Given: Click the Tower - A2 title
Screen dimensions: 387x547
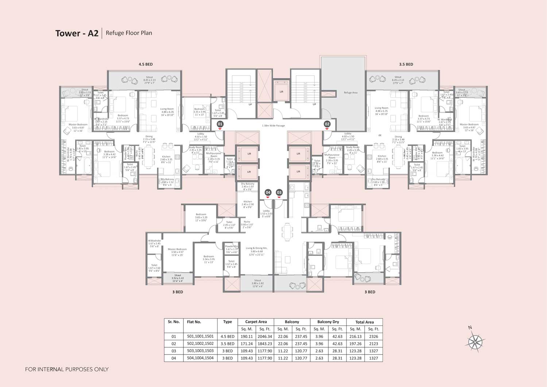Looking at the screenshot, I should (x=77, y=33).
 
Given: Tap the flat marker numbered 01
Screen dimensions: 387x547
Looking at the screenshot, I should (x=220, y=124).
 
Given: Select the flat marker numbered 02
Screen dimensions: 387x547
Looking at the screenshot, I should (x=327, y=124).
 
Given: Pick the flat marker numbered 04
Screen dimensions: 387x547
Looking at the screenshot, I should (x=268, y=192).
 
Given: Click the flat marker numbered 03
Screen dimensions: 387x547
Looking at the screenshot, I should (x=279, y=192).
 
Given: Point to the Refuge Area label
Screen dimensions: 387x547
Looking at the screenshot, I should (x=350, y=93).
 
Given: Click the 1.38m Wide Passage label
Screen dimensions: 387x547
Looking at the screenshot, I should (x=273, y=125).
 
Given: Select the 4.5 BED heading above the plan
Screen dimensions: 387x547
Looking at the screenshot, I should (x=146, y=64).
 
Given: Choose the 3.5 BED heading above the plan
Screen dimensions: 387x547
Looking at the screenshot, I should (x=406, y=64).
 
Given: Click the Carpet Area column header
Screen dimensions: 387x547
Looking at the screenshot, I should (x=256, y=322).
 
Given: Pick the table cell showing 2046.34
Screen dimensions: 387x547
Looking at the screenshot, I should (x=265, y=336).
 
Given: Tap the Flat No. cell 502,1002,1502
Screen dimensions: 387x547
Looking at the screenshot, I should (x=200, y=344).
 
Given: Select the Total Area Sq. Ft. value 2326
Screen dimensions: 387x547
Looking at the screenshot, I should (x=373, y=336).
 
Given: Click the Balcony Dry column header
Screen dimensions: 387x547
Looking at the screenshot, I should (x=328, y=322).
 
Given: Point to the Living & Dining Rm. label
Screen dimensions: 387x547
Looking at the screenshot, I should (x=256, y=249).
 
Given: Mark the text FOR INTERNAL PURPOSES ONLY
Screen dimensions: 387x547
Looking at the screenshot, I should (x=67, y=369).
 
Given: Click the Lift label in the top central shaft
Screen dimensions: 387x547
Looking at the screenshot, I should (x=281, y=92).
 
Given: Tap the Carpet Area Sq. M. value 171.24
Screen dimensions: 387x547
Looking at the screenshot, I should (x=247, y=344).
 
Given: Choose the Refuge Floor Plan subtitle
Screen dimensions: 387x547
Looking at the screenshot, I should (x=129, y=33).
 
